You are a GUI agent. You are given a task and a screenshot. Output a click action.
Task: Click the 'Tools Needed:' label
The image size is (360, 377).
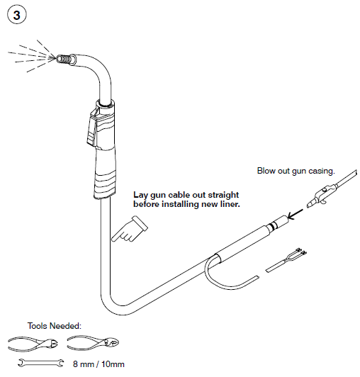(x=55, y=327)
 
